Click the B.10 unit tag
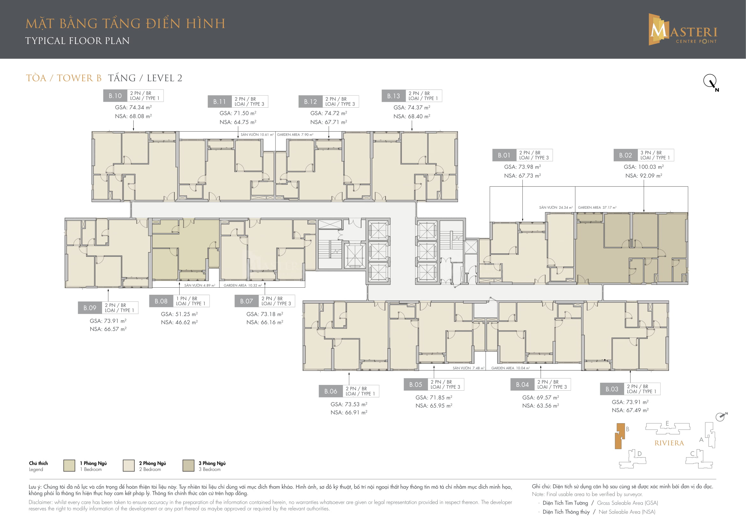(x=115, y=96)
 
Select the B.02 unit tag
(x=625, y=155)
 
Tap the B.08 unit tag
(x=161, y=301)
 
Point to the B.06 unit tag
(x=331, y=391)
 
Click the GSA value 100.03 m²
(x=644, y=167)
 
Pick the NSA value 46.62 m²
(x=179, y=322)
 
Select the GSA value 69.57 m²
(x=541, y=398)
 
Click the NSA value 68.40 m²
(x=412, y=116)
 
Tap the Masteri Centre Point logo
(x=683, y=29)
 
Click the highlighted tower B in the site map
(x=619, y=436)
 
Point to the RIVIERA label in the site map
(x=669, y=443)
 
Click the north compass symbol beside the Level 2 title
(x=711, y=82)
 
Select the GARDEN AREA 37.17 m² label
(x=597, y=207)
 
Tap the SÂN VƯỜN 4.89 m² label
(x=199, y=285)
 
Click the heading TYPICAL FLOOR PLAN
(x=77, y=41)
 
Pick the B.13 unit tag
(x=394, y=96)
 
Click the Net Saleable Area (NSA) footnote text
(x=627, y=512)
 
